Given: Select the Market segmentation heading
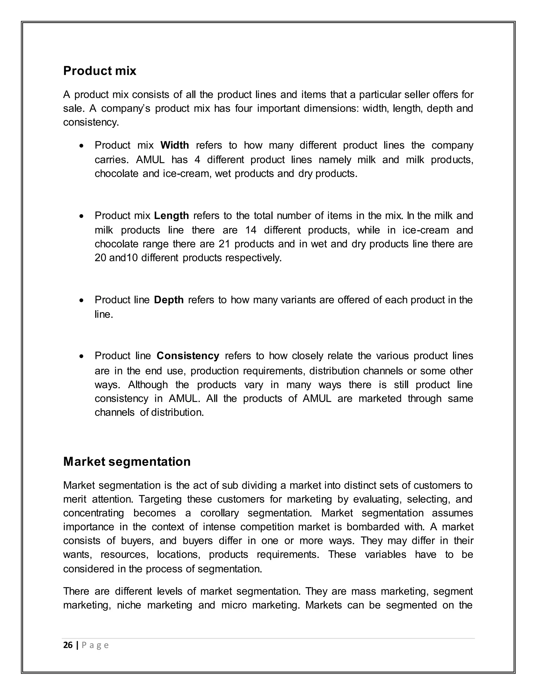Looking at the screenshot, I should [x=127, y=461].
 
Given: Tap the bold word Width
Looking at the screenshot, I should [x=175, y=145].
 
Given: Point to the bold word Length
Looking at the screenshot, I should [x=171, y=216].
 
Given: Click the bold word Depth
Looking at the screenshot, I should [x=169, y=300].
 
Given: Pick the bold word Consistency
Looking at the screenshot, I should [x=188, y=356].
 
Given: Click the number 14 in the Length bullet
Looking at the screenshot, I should [x=251, y=230].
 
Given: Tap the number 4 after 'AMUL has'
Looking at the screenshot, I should [x=197, y=159].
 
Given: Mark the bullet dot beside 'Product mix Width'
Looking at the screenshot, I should [x=82, y=146].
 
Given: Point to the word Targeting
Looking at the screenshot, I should [x=160, y=499].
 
